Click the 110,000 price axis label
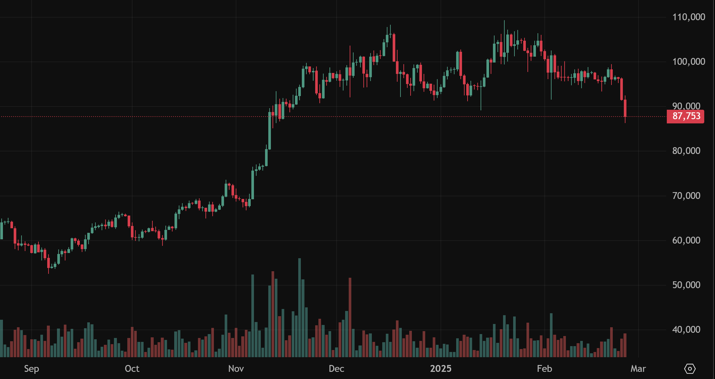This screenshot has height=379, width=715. tap(689, 17)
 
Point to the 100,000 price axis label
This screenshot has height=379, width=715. tap(689, 62)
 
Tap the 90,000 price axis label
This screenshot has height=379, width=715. tap(686, 106)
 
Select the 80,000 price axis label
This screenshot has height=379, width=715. tap(686, 151)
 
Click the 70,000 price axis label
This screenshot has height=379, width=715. tap(686, 196)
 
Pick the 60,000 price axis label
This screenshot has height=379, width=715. tap(686, 240)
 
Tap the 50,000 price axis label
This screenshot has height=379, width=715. tap(686, 285)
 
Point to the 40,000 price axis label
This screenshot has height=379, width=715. tap(686, 330)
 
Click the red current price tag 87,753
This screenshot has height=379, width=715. tap(686, 116)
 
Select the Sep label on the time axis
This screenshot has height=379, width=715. tap(32, 369)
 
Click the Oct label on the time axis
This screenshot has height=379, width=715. tap(132, 369)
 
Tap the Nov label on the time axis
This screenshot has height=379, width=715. tap(236, 369)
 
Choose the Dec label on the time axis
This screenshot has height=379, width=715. tap(336, 369)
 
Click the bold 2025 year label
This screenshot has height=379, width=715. tap(441, 369)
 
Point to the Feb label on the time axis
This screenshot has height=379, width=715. tap(544, 369)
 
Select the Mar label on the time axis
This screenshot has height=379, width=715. tap(638, 369)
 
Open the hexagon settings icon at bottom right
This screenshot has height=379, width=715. tap(690, 369)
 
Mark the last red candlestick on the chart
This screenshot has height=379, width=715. tap(625, 108)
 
